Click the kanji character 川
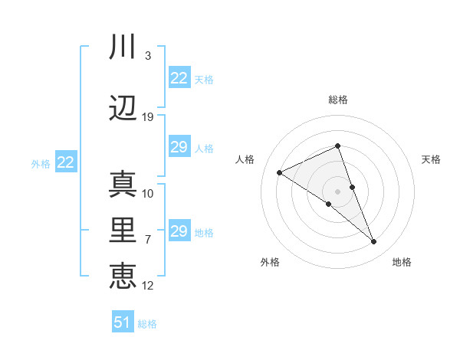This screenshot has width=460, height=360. [x=123, y=48]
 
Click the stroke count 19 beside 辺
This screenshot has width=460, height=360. [x=148, y=117]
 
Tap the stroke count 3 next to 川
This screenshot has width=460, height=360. [x=147, y=56]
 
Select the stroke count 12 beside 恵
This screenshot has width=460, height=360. [x=148, y=286]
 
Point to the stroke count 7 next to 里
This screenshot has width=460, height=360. [x=147, y=240]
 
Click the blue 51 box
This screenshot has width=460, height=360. [x=123, y=322]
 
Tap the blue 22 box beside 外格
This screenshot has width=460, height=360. [x=65, y=162]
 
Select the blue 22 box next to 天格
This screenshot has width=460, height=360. [x=179, y=78]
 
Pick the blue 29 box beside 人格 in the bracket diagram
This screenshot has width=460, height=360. [x=179, y=147]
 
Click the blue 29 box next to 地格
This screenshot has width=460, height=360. [x=179, y=231]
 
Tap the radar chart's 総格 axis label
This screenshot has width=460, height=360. [x=337, y=100]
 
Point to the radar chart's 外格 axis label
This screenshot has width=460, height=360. [x=270, y=262]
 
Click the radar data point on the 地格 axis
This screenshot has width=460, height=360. [x=374, y=242]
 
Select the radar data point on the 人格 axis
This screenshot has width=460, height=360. [x=280, y=173]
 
